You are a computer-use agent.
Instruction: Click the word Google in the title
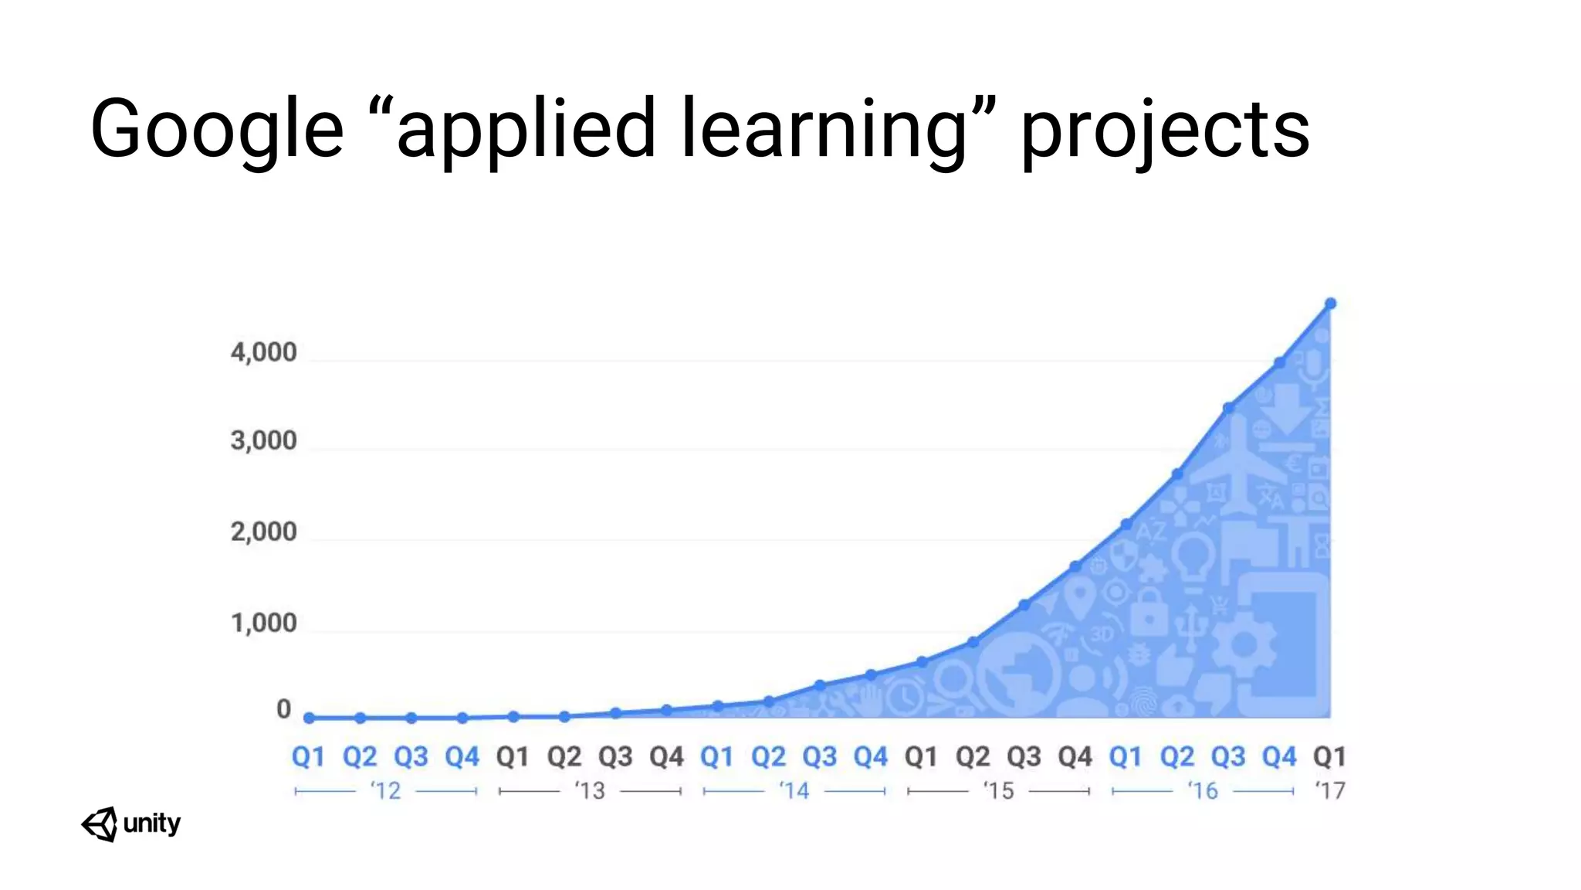click(x=217, y=129)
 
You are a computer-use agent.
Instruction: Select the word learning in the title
click(x=824, y=129)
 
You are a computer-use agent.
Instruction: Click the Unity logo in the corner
click(x=130, y=824)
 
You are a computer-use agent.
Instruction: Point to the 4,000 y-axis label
click(x=263, y=352)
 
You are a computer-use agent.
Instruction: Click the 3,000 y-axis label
click(x=263, y=440)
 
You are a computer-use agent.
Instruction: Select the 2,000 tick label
click(x=263, y=532)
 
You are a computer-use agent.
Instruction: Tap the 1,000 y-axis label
click(x=263, y=623)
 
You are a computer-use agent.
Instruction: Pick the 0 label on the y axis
click(x=284, y=709)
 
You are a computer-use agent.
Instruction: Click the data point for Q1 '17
click(x=1330, y=304)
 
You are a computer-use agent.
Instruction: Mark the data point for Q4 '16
click(x=1279, y=362)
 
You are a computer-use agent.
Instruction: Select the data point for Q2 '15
click(x=973, y=642)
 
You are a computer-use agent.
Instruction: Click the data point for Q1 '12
click(x=309, y=718)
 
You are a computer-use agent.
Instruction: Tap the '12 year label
click(x=385, y=790)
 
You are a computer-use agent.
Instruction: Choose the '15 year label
click(x=998, y=790)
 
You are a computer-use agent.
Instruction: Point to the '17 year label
click(x=1329, y=790)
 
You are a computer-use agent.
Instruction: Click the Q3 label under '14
click(x=819, y=756)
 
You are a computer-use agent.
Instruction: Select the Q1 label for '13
click(x=513, y=756)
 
